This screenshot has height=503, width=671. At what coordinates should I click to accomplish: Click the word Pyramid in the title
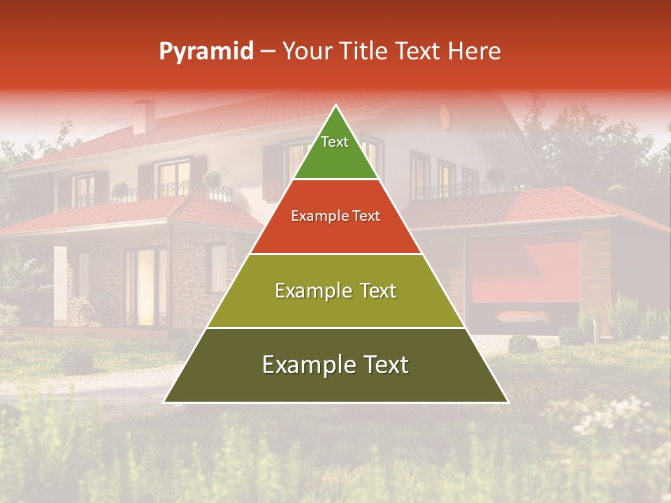(x=206, y=52)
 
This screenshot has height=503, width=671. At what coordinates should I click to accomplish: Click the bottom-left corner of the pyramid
(x=165, y=402)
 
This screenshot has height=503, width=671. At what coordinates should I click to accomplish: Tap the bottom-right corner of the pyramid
(x=507, y=402)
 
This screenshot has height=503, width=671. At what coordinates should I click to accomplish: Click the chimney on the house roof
(x=144, y=116)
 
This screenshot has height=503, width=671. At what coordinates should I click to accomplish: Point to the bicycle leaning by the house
(x=87, y=314)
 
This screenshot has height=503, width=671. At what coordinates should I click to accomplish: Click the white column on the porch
(x=61, y=283)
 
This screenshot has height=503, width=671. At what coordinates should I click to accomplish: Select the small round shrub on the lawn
(x=523, y=344)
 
